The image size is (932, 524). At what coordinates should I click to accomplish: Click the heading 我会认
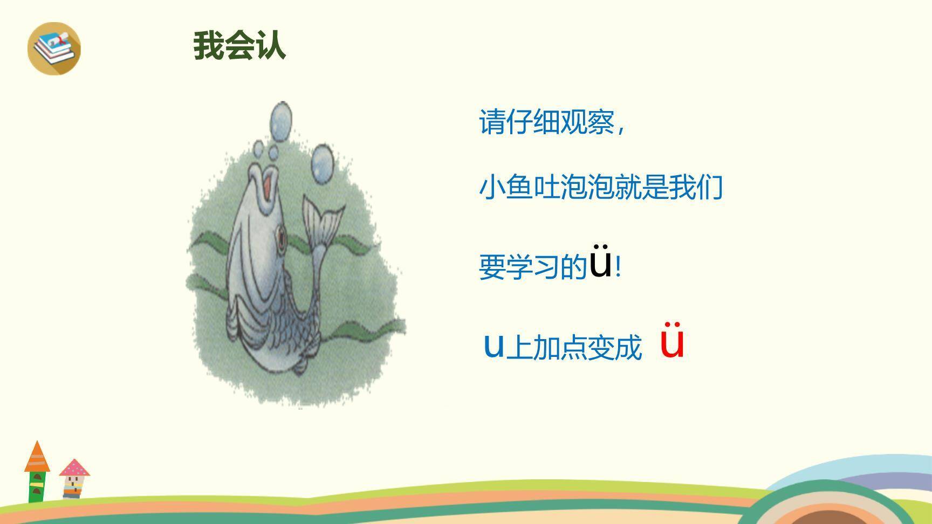click(x=239, y=45)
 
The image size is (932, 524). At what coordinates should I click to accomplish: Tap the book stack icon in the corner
click(x=54, y=49)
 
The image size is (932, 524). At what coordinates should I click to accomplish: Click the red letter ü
click(x=673, y=341)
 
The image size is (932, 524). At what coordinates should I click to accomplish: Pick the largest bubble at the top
click(x=281, y=121)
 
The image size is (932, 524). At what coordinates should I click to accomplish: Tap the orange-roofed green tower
click(x=37, y=472)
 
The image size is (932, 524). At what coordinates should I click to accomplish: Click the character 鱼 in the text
click(x=519, y=187)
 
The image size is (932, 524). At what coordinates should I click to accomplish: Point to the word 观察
click(x=587, y=122)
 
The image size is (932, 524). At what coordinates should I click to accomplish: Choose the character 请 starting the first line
click(x=492, y=122)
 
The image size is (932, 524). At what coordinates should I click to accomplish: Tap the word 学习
click(x=533, y=267)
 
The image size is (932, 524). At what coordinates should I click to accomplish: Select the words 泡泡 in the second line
click(x=587, y=187)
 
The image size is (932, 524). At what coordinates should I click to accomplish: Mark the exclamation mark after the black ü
click(x=618, y=267)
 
